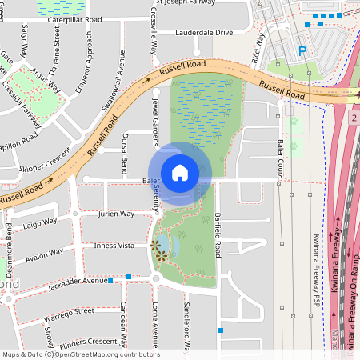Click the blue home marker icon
click(180, 173)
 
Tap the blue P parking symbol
click(302, 51)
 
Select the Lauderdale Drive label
click(204, 33)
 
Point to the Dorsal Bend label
click(125, 150)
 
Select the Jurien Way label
click(115, 214)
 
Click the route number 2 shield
click(353, 118)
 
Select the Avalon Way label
click(44, 256)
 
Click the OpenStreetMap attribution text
click(80, 354)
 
